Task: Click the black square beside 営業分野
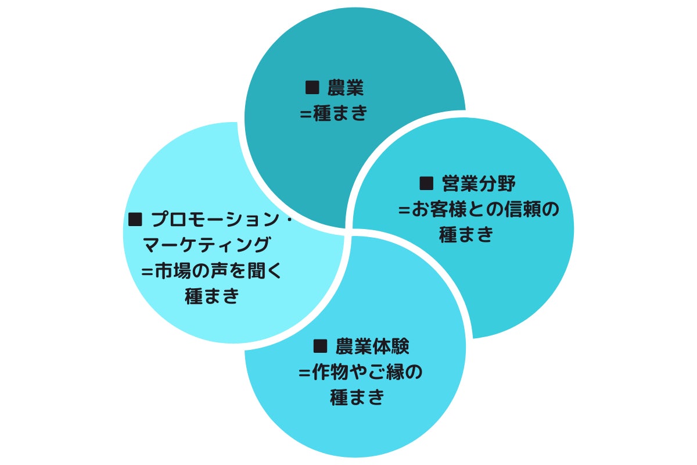click(426, 183)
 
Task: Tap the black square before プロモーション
click(135, 220)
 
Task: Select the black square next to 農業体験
click(320, 346)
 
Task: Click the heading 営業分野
click(479, 184)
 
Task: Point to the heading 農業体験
click(372, 346)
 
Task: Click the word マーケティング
click(207, 245)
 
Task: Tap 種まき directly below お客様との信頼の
click(466, 234)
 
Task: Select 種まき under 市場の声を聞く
click(212, 296)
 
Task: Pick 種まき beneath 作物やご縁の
click(357, 397)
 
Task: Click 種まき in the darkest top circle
click(340, 113)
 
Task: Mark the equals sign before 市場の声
click(147, 272)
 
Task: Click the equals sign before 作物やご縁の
click(304, 373)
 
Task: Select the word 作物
click(330, 371)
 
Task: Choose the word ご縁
click(386, 371)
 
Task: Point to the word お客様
click(439, 209)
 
